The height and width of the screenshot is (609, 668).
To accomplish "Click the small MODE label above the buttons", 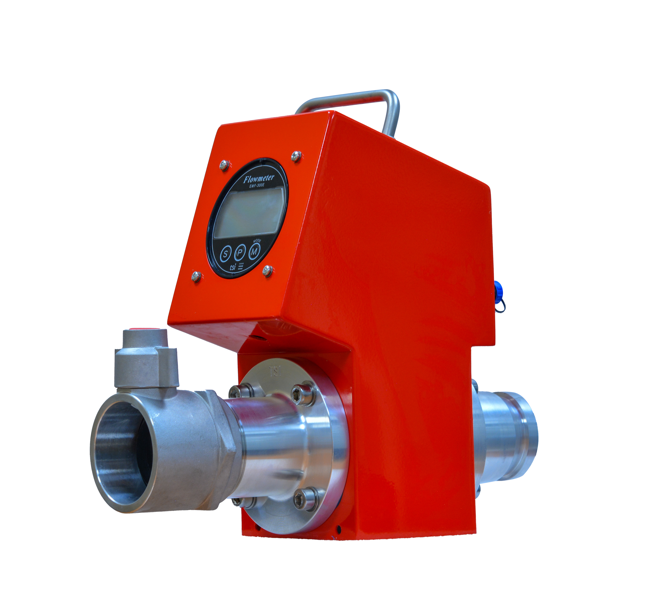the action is pyautogui.click(x=257, y=241).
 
